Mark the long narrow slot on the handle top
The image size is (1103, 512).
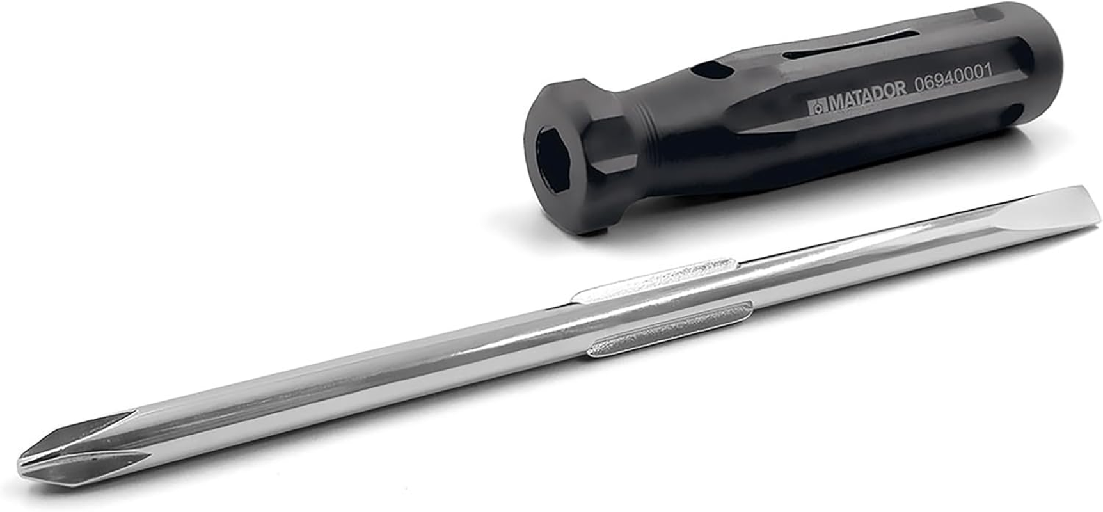(x=851, y=48)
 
